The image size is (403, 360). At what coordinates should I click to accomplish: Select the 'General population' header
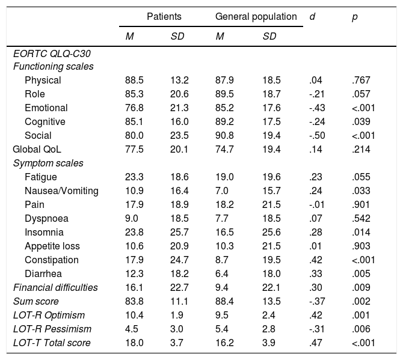tap(256, 17)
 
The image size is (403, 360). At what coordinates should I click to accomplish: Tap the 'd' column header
tap(312, 17)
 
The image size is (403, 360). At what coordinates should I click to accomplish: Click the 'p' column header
tap(354, 17)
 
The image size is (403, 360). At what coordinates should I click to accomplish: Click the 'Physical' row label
tap(43, 80)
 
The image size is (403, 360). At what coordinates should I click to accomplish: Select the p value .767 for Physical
tap(362, 80)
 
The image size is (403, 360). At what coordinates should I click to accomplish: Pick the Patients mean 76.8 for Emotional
tap(135, 108)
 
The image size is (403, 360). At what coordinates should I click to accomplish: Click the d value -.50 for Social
tap(318, 135)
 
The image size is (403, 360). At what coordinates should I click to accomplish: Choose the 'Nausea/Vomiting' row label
tap(62, 191)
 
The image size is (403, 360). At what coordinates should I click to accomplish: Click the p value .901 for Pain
tap(362, 204)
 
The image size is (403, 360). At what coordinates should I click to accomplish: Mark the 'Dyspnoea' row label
tap(46, 218)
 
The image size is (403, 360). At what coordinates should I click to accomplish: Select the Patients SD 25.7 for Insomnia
tap(180, 232)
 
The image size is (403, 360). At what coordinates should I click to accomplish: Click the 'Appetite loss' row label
tap(52, 246)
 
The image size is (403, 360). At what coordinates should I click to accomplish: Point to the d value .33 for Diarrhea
tap(316, 273)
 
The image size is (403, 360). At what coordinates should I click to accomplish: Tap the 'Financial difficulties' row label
tap(55, 287)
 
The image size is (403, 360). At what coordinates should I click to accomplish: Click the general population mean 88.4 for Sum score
tap(225, 301)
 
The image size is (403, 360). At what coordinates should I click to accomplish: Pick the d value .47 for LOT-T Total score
tap(316, 343)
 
